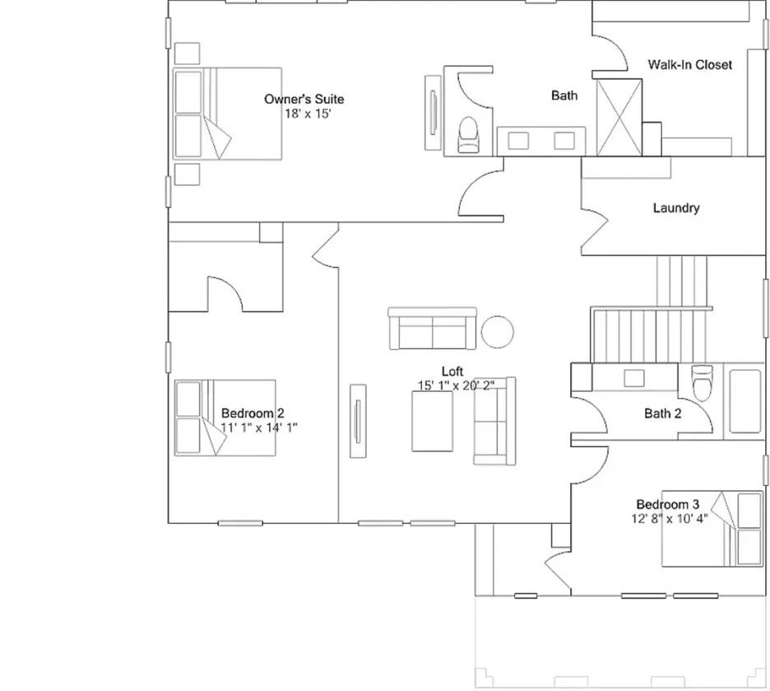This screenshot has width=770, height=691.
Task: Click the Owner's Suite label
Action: (304, 100)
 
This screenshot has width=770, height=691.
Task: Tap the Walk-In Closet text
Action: (689, 64)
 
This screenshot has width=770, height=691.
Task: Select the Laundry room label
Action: (675, 208)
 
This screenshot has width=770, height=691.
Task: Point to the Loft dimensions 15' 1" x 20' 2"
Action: (456, 385)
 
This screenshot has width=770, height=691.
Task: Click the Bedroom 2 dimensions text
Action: (259, 427)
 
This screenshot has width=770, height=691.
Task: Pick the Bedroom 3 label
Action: (667, 504)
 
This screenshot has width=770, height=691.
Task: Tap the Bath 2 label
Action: (662, 413)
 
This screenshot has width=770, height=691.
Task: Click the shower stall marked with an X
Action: (618, 117)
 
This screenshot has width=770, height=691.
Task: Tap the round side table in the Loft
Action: (498, 332)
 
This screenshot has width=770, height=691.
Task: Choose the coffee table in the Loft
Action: (432, 421)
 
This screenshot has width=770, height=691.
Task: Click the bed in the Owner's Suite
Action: (227, 114)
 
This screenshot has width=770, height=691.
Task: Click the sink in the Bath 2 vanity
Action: (633, 378)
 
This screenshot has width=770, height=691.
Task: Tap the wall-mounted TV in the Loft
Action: (357, 420)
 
